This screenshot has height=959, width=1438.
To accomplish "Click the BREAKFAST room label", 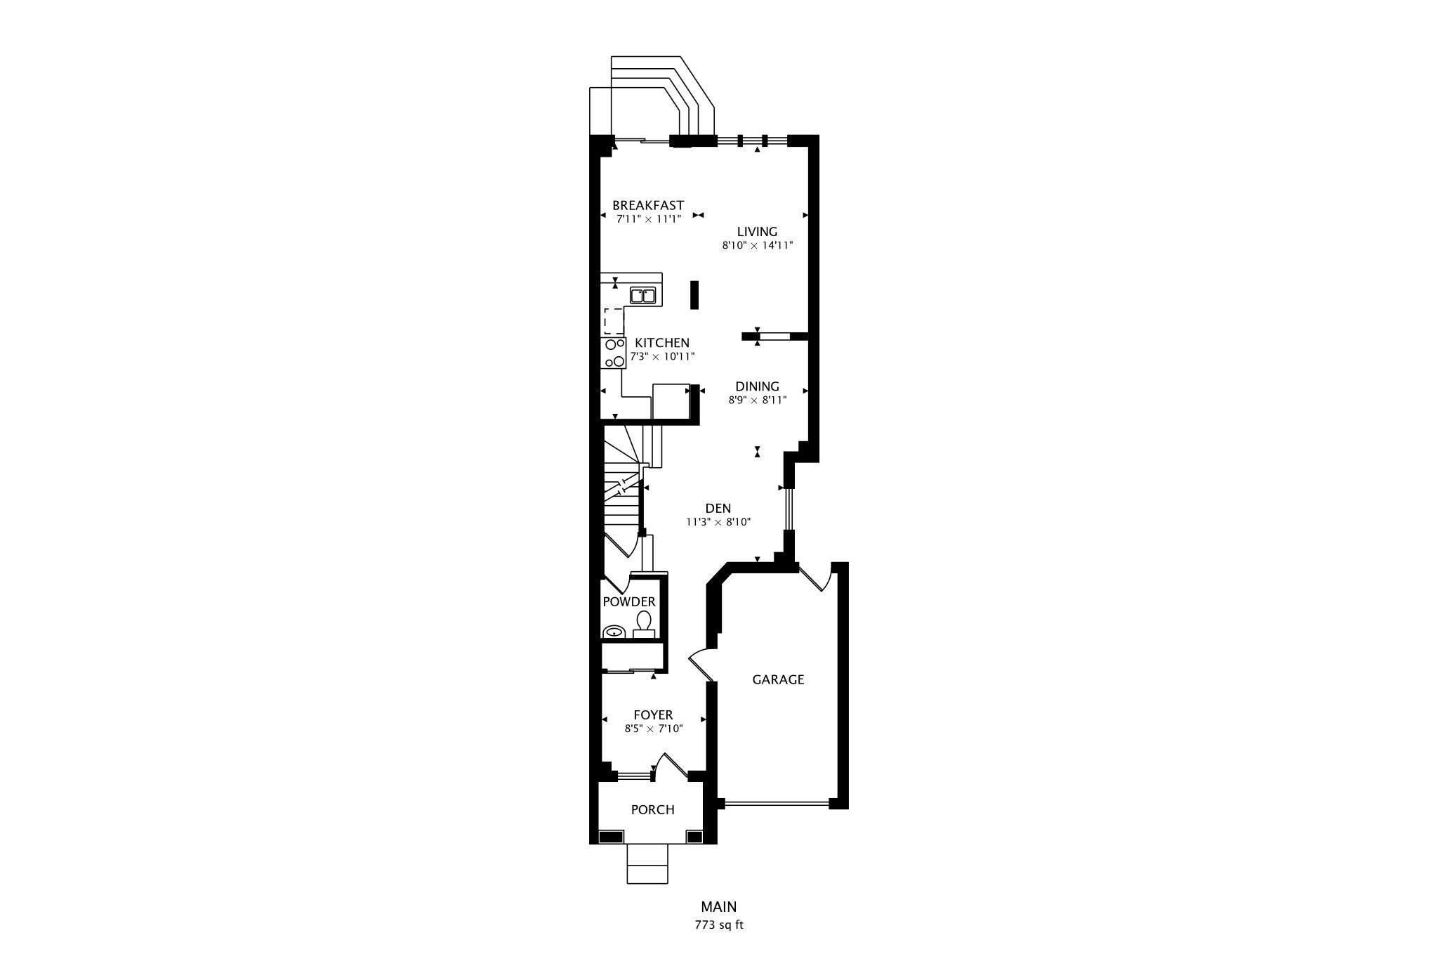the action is click(x=648, y=205).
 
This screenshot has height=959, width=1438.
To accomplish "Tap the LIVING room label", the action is click(x=757, y=231).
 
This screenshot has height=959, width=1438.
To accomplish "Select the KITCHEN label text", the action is click(x=662, y=342).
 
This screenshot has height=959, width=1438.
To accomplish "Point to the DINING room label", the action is click(x=757, y=386).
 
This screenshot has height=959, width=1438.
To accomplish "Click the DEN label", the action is click(x=718, y=508).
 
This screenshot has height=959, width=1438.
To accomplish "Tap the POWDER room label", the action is click(x=629, y=601).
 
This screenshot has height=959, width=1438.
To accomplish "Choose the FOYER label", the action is click(x=653, y=715).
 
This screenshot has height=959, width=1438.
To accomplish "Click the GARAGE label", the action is click(x=778, y=679).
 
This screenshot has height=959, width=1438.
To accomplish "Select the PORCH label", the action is click(x=652, y=809).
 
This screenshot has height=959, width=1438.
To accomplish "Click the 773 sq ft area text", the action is click(x=719, y=925).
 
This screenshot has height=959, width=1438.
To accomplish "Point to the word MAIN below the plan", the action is click(x=719, y=907).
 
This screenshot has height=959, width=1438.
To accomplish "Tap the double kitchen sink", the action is click(x=643, y=296).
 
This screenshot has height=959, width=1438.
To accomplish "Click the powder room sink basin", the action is click(x=614, y=631).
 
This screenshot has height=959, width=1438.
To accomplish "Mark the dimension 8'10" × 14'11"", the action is click(x=758, y=246).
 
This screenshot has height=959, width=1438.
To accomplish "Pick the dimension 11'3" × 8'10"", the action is click(x=718, y=522).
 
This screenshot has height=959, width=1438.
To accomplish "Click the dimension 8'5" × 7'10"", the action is click(x=654, y=729).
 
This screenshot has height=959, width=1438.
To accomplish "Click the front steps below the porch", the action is click(x=647, y=863).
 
